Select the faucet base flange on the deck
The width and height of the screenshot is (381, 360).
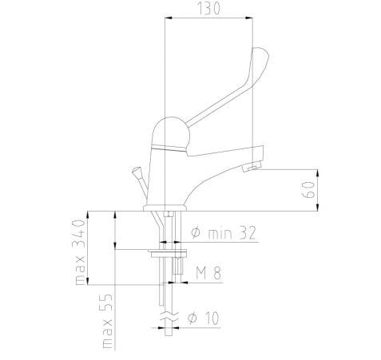click(x=165, y=208)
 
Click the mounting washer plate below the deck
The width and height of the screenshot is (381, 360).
click(x=166, y=253)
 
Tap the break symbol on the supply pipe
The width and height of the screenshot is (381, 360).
click(x=165, y=319)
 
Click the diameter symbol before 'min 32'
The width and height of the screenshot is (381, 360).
click(x=196, y=233)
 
